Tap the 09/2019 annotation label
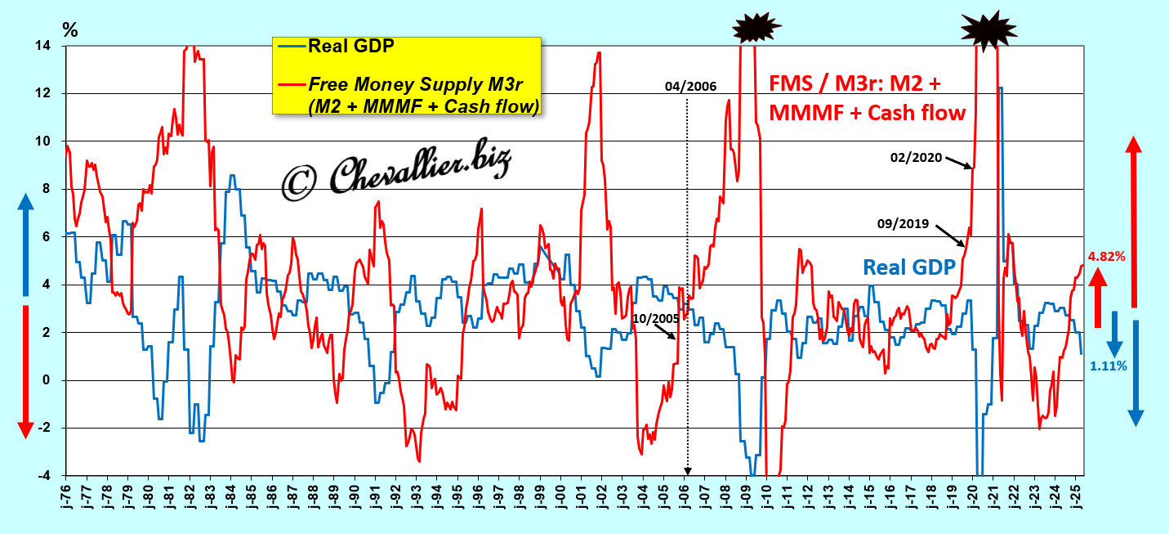coord(903,222)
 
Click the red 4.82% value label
coord(1105,256)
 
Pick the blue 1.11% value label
coord(1109,366)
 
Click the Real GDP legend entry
coord(351,46)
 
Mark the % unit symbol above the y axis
coord(70,31)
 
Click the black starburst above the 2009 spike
coord(756,28)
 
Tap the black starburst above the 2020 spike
coord(988,29)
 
